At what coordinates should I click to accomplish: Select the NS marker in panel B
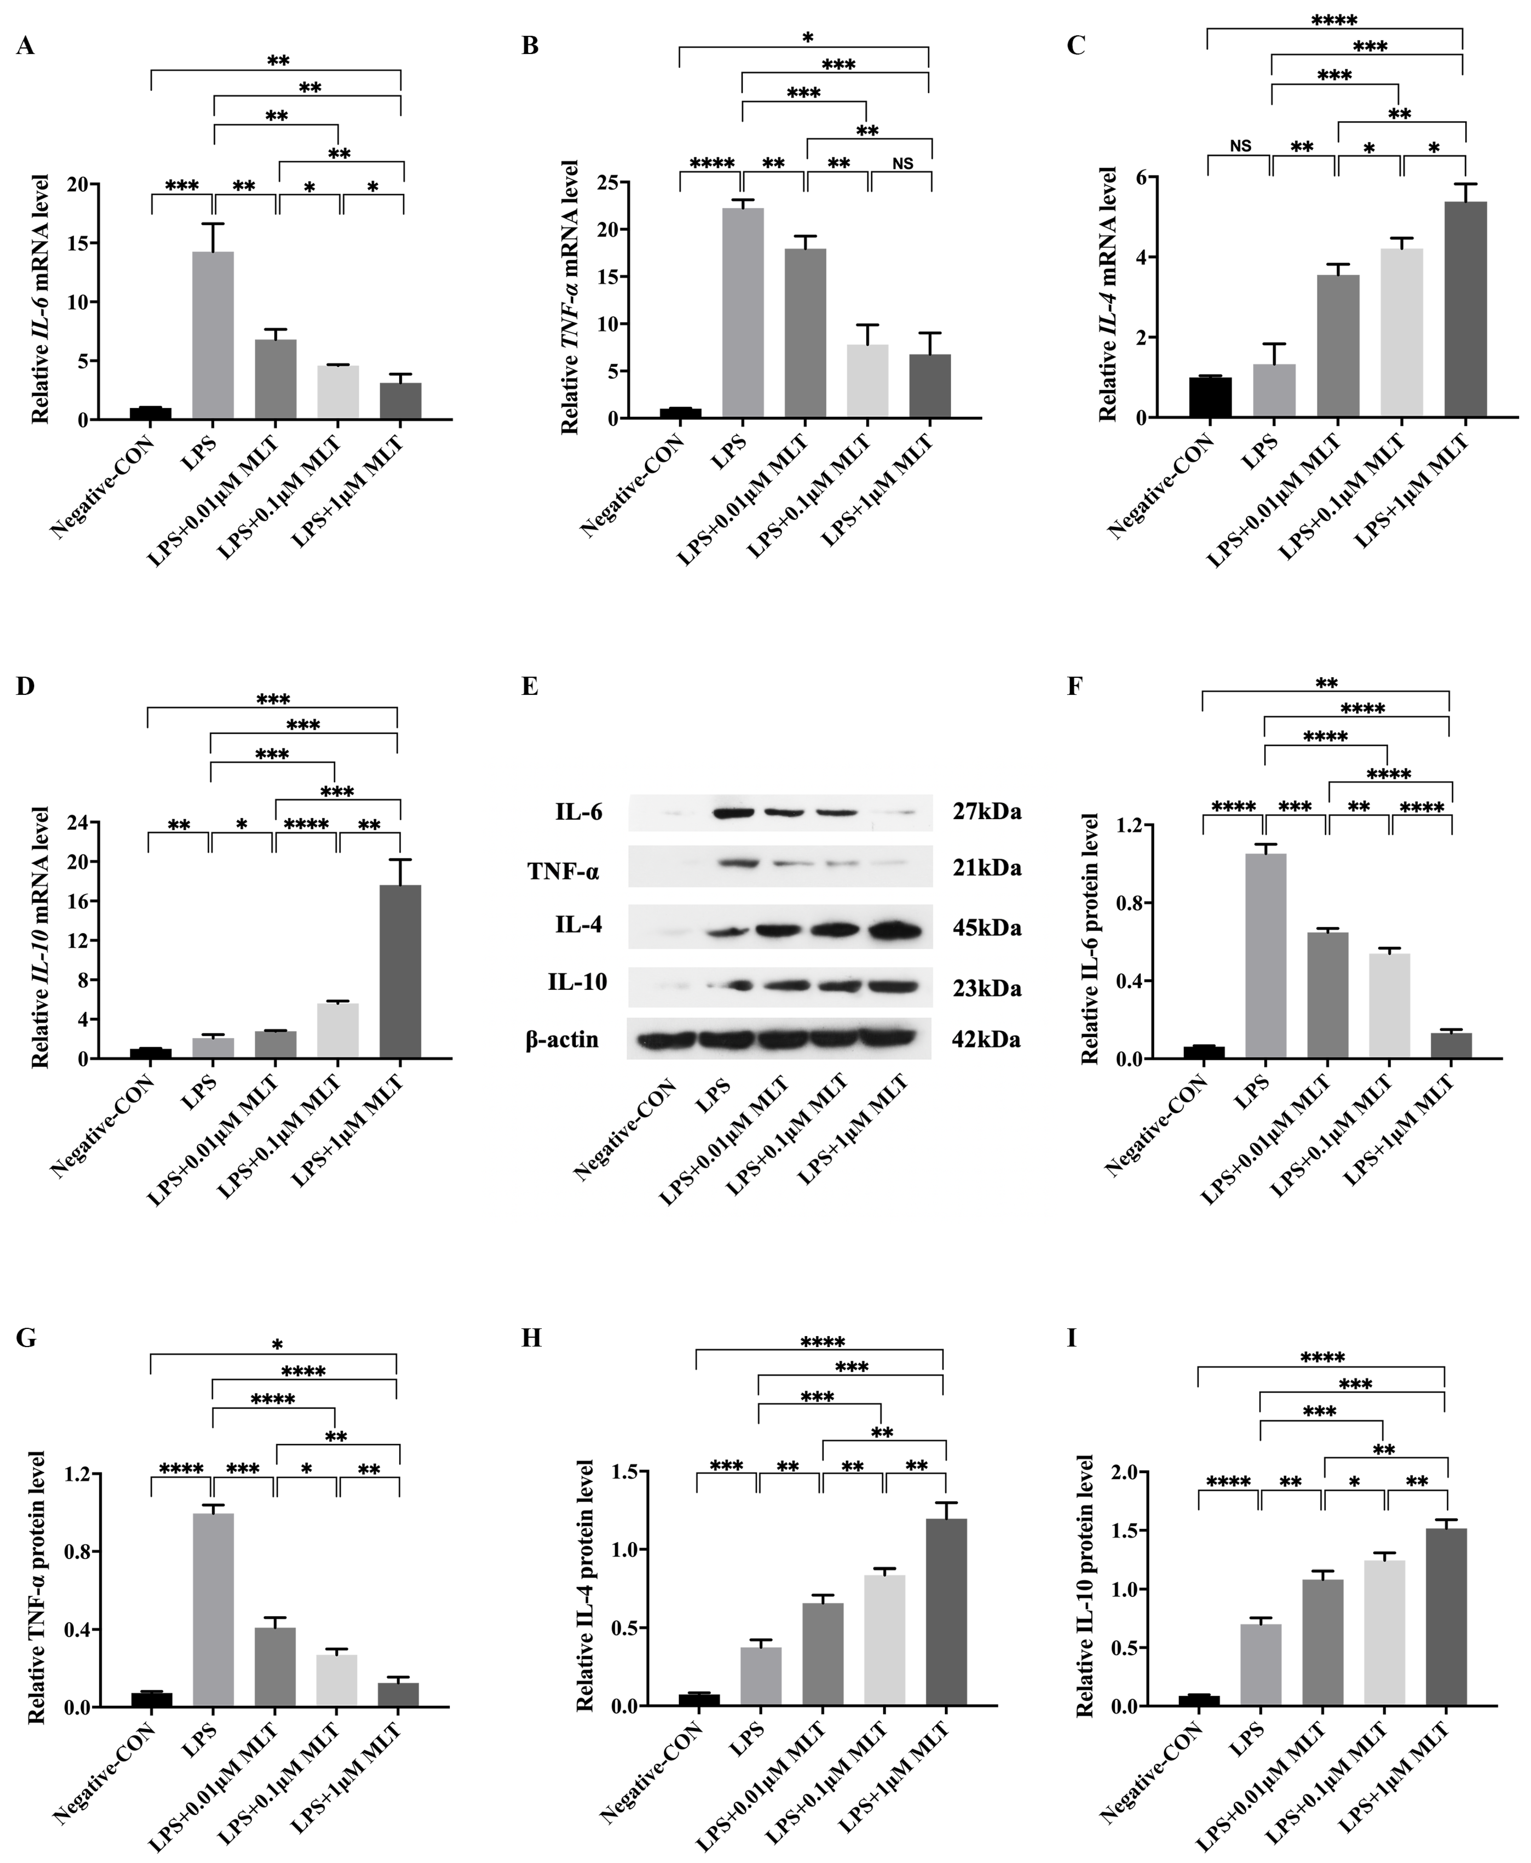(902, 163)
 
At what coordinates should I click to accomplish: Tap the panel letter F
(1074, 686)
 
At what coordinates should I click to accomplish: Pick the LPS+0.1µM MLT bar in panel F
(1389, 1006)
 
